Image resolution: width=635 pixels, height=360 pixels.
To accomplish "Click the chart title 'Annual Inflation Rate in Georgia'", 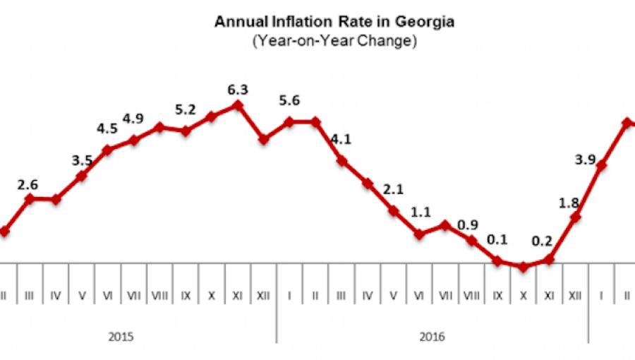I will coord(334,22).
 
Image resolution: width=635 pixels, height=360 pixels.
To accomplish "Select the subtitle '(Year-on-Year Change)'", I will coord(334,41).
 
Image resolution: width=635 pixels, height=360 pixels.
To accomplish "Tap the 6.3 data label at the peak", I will coord(237,90).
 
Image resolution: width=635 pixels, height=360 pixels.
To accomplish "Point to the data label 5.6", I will coord(289,101).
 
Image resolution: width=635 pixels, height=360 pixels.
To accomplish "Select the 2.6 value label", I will coord(28,185).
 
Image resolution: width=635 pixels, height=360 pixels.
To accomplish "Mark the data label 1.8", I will coord(569,203).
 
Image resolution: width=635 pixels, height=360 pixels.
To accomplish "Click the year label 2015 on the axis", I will coord(121,337).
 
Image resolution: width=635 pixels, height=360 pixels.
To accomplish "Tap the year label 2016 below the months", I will coord(432,337).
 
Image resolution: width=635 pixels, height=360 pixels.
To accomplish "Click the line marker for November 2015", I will coord(238,105).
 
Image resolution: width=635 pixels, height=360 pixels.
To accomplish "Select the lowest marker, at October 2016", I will coord(524,267).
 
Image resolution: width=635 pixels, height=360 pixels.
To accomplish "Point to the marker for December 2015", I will coord(264,139).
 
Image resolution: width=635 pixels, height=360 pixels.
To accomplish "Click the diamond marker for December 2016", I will coord(576,217).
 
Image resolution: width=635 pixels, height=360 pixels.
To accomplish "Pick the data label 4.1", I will coord(341,139).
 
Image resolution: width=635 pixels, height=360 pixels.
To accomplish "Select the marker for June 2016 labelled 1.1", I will coord(420,234).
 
